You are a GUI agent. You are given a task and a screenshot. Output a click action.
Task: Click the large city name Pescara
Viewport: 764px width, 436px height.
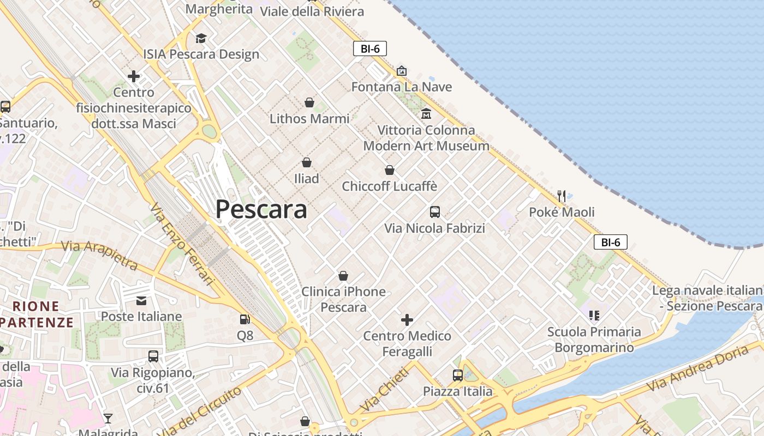(261, 209)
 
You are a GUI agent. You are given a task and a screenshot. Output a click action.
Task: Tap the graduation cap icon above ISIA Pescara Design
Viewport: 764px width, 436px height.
(201, 38)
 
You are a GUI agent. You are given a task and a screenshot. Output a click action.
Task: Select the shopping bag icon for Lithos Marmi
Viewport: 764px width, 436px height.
(309, 102)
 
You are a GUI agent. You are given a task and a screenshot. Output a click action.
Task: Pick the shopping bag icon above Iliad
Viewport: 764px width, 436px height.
(307, 162)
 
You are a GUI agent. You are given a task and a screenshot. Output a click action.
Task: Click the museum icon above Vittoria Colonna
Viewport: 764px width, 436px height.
(426, 114)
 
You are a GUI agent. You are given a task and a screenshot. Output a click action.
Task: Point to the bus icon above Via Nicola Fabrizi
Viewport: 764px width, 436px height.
(435, 212)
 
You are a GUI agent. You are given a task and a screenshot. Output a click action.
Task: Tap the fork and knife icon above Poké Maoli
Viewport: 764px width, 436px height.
(562, 196)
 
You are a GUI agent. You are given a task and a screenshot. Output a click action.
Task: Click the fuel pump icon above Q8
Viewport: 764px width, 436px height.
(245, 319)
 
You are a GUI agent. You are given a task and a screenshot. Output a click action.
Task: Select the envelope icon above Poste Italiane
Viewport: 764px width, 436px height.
(141, 300)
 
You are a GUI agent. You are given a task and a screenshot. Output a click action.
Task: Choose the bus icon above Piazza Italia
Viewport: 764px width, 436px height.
(457, 375)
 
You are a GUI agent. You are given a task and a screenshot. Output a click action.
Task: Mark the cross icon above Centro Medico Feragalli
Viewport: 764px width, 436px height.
(407, 320)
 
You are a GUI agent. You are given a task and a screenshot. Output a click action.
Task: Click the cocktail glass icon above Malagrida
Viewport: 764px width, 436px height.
(108, 418)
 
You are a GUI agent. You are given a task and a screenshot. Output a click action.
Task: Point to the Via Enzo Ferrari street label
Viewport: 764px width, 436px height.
(182, 244)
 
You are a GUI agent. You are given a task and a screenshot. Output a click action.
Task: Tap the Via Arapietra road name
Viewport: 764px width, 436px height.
(99, 254)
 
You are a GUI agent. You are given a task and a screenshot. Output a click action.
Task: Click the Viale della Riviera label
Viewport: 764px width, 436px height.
(312, 11)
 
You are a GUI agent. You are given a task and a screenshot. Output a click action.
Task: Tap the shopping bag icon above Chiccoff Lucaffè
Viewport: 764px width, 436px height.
(390, 170)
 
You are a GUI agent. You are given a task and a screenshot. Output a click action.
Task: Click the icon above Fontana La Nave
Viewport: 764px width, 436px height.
(402, 71)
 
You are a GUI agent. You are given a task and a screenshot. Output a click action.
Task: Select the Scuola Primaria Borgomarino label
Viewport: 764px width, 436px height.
(594, 340)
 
